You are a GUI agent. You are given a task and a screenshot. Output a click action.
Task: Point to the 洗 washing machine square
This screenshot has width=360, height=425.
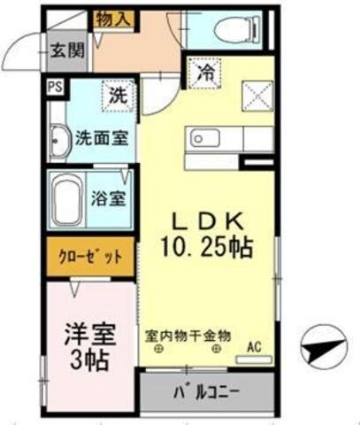pyautogui.click(x=118, y=96)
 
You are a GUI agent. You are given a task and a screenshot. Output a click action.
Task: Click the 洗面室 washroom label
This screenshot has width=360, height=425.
pyautogui.click(x=98, y=138)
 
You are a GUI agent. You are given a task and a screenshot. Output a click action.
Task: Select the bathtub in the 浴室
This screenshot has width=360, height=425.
pyautogui.click(x=69, y=197)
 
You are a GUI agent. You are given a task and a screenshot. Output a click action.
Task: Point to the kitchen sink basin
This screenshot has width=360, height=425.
pyautogui.click(x=200, y=138)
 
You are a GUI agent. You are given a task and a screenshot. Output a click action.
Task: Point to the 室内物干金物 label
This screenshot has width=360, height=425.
pyautogui.click(x=188, y=336)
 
